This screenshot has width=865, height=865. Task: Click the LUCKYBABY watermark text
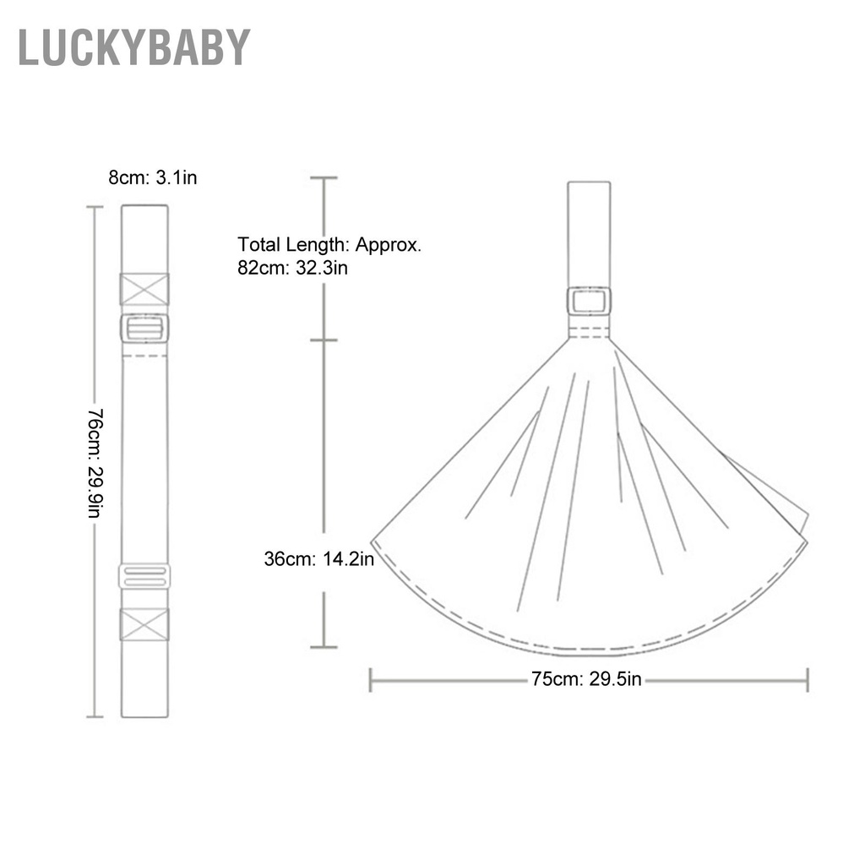click(134, 47)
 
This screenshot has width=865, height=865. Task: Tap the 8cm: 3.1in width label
click(152, 177)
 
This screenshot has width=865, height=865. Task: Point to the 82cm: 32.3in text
click(293, 269)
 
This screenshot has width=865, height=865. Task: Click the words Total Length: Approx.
click(329, 245)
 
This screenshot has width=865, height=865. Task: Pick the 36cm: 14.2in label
click(318, 558)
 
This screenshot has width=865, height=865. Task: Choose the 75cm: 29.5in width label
click(586, 679)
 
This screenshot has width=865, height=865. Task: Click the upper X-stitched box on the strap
click(144, 289)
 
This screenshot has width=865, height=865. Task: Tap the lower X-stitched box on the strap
click(144, 624)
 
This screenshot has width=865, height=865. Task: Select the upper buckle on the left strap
click(144, 328)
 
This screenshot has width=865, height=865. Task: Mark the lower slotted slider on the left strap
click(144, 576)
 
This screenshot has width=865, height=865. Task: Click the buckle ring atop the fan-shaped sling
click(590, 301)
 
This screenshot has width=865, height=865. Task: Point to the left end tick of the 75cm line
click(371, 679)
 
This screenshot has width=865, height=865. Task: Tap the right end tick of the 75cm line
click(808, 679)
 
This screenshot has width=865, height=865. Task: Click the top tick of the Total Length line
click(324, 178)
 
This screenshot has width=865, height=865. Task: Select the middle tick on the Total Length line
click(324, 340)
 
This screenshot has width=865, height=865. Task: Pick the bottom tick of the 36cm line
click(324, 647)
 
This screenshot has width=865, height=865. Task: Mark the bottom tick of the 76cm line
click(95, 716)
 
